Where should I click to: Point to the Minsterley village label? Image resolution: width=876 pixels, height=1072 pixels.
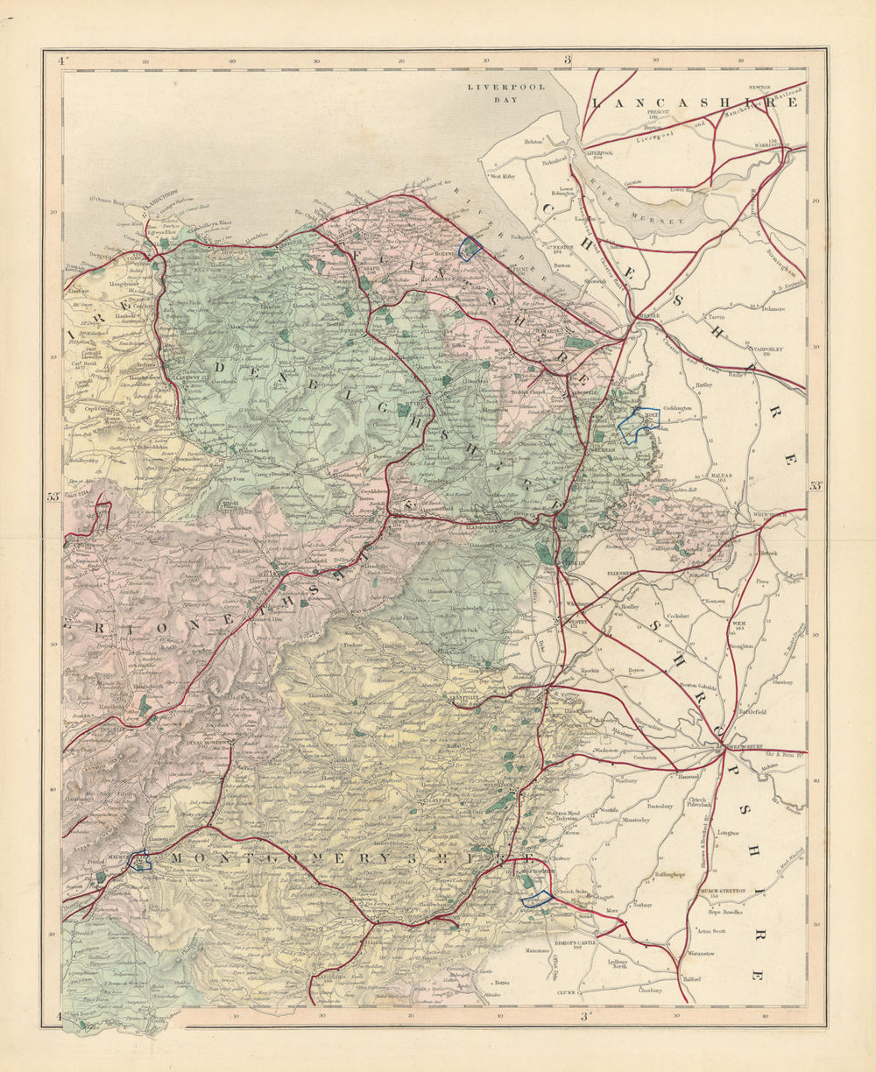pos(644,821)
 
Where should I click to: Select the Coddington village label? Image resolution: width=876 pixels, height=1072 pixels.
pos(678,408)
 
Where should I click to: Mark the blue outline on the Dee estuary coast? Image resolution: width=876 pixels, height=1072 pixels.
pos(470,249)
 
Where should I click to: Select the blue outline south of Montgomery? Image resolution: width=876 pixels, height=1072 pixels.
pos(535,898)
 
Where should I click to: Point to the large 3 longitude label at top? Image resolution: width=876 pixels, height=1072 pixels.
pos(567,60)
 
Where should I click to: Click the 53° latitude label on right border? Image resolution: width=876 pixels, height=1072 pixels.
pos(816,486)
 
